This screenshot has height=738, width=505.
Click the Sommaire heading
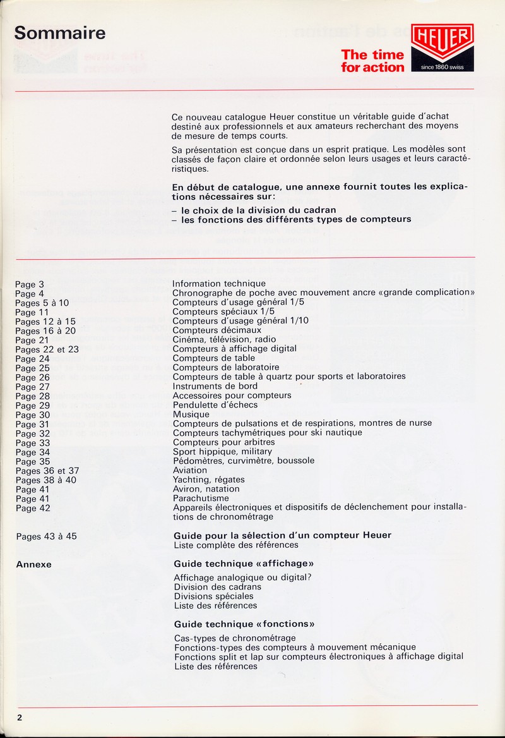pos(60,32)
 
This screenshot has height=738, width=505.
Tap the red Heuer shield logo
pos(443,42)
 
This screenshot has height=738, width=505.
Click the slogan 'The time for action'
pos(372,61)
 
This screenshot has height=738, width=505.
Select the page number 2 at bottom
pos(20,717)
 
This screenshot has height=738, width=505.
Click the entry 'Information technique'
pos(219,284)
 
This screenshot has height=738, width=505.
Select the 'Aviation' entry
pos(190,470)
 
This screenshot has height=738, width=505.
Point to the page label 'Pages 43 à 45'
pos(46,536)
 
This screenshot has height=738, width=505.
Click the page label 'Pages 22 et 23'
pos(47,349)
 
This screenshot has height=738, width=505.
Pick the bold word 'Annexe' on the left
pos(33,564)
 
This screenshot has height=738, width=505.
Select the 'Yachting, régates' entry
pos(209,480)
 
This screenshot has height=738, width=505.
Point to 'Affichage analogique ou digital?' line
pos(243,578)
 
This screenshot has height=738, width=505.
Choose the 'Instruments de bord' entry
pos(215,386)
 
